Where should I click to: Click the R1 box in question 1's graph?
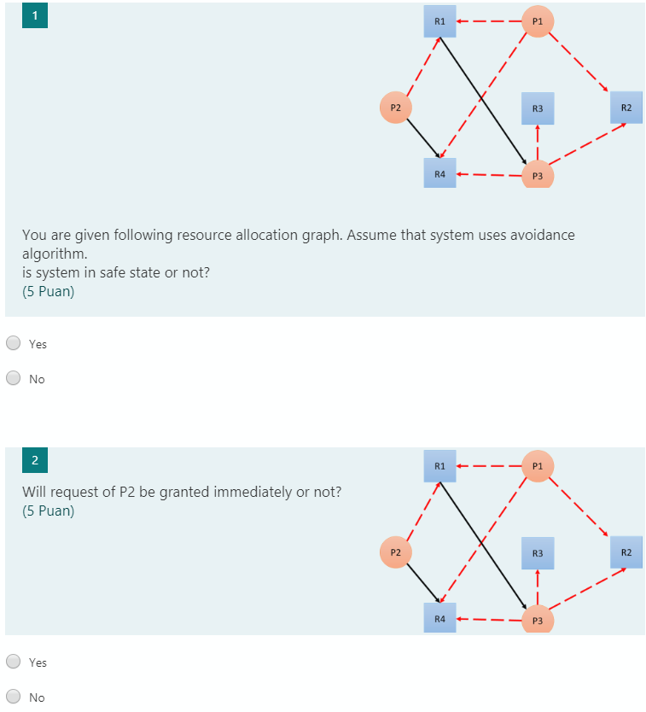[x=439, y=21]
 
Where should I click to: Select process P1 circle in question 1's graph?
[x=538, y=20]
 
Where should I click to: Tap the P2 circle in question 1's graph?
[x=395, y=108]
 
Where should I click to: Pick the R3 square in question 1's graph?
[x=538, y=108]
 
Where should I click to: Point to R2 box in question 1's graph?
[x=626, y=108]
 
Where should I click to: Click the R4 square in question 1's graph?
[x=439, y=173]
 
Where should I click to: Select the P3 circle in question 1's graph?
[x=538, y=174]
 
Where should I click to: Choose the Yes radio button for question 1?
[x=14, y=343]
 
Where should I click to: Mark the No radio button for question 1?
[x=14, y=378]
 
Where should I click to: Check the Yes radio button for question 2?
[x=14, y=662]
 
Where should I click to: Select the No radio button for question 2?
[x=14, y=697]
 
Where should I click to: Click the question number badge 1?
[x=34, y=15]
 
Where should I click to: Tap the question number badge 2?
[x=34, y=460]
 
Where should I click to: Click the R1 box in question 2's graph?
[x=439, y=466]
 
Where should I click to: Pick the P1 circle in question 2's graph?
[x=538, y=466]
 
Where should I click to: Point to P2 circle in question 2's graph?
[x=395, y=552]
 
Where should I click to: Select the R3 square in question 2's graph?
[x=538, y=553]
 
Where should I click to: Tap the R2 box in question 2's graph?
[x=626, y=552]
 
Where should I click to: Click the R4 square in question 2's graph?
[x=439, y=617]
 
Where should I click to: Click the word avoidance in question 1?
[x=541, y=235]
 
